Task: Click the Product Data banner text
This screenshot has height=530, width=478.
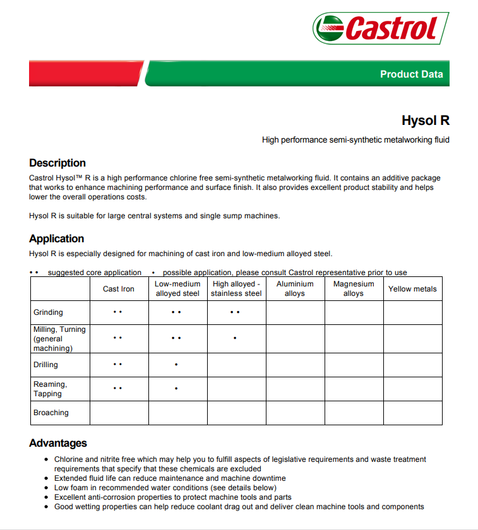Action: click(411, 74)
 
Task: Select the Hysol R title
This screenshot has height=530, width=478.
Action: click(425, 121)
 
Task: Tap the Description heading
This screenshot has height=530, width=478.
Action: click(57, 163)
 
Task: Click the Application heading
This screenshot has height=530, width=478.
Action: click(57, 238)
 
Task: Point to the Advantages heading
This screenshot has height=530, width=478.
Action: click(58, 443)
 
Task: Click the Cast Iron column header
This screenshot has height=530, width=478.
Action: click(119, 289)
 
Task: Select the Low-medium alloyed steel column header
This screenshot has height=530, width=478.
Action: click(177, 289)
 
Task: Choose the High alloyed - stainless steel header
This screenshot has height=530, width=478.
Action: click(236, 289)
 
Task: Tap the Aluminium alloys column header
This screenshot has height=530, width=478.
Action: click(295, 289)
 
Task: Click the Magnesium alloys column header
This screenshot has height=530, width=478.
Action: click(354, 289)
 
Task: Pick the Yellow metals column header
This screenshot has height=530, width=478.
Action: click(412, 289)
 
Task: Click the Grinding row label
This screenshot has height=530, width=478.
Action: click(49, 312)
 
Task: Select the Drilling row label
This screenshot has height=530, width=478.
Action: click(45, 365)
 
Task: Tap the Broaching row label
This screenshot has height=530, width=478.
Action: click(51, 413)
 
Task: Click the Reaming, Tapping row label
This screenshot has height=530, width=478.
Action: click(50, 389)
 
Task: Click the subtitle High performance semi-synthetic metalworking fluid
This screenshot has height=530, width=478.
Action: click(356, 139)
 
